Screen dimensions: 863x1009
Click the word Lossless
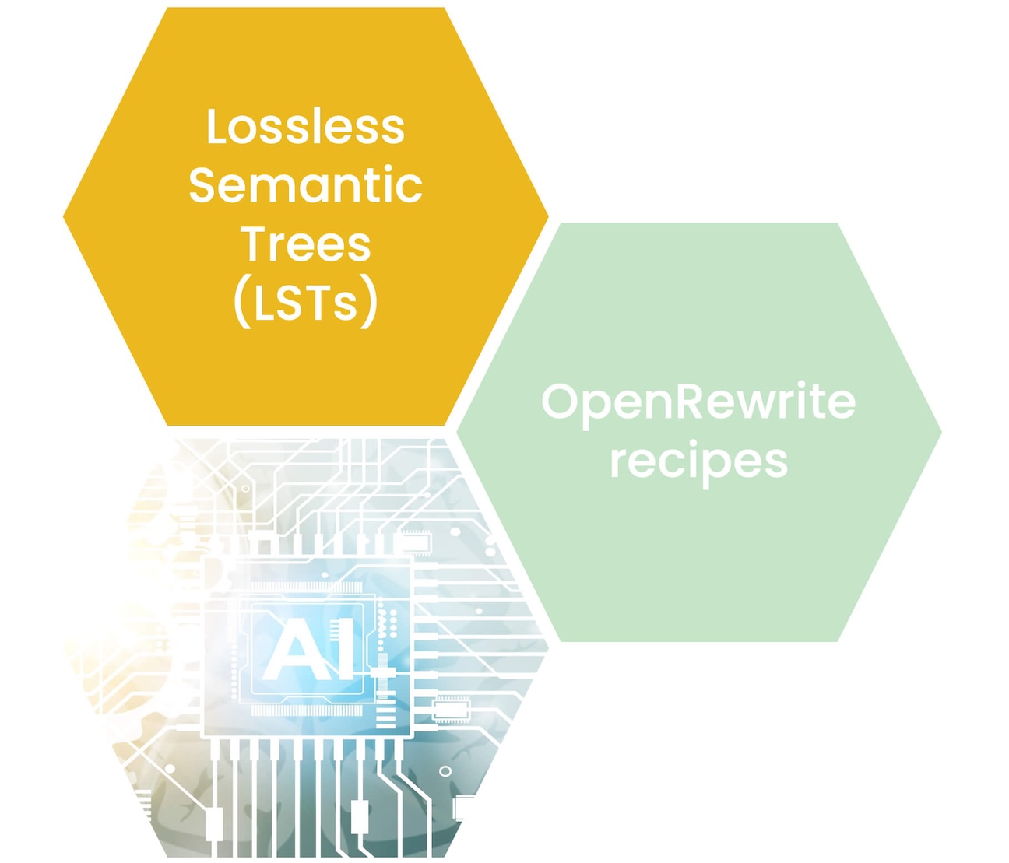pos(305,127)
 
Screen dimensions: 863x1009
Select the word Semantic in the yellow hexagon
pos(305,186)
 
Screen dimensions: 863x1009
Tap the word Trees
pos(305,244)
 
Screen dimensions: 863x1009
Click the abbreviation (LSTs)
pos(305,303)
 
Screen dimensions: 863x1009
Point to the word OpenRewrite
pos(698,402)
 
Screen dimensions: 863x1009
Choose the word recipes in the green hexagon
pos(698,461)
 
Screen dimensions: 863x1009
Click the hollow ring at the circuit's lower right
pos(445,771)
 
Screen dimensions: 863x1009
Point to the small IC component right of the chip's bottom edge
pos(451,709)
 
